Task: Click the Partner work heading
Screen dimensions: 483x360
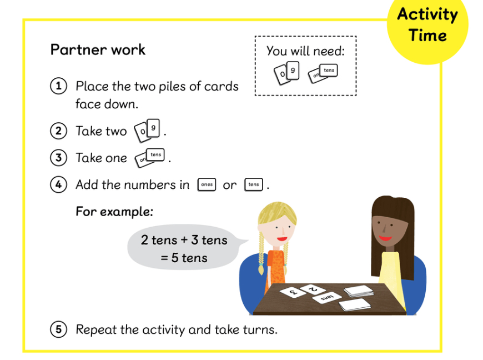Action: (98, 49)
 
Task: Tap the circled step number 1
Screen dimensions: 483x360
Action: (58, 86)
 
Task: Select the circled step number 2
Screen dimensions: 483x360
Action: (58, 131)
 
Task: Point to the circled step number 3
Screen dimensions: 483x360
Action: (58, 158)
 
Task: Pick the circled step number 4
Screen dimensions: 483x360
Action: (58, 184)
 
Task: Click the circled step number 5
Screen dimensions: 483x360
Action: (58, 329)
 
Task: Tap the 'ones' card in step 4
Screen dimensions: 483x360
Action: (207, 184)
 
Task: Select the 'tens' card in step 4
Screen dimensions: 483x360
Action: (254, 184)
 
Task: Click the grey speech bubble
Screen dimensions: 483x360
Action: (185, 248)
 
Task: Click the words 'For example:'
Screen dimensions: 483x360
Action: (114, 212)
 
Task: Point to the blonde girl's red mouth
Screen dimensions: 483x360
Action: (282, 239)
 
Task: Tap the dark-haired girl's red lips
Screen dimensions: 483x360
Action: (385, 238)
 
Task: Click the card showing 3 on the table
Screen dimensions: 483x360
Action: (293, 292)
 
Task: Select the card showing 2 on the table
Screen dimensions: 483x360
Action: (313, 289)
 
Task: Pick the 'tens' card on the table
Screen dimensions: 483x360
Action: (327, 297)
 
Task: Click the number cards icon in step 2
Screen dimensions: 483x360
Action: (147, 131)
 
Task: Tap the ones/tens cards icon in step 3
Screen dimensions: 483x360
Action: (150, 158)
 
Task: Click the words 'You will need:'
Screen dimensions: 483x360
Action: (305, 51)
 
